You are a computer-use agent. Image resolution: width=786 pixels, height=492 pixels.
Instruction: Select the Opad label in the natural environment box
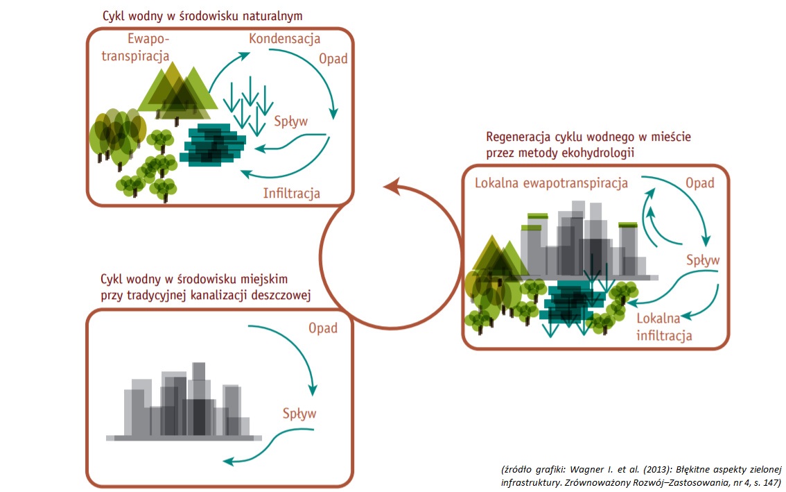pyautogui.click(x=333, y=58)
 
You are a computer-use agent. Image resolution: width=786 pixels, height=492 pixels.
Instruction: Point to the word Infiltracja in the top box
pyautogui.click(x=291, y=193)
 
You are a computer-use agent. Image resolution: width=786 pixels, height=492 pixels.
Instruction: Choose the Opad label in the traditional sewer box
pyautogui.click(x=323, y=328)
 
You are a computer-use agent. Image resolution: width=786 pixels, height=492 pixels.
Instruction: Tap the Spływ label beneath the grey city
pyautogui.click(x=299, y=414)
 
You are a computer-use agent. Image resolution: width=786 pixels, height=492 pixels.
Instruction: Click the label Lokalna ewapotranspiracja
pyautogui.click(x=551, y=183)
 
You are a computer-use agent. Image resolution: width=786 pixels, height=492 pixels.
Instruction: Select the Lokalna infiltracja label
pyautogui.click(x=664, y=328)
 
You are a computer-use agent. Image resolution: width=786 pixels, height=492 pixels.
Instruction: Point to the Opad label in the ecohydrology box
pyautogui.click(x=699, y=183)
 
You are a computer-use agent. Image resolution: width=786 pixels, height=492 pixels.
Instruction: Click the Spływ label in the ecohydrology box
pyautogui.click(x=703, y=261)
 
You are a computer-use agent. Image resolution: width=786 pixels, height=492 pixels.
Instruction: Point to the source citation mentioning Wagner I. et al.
pyautogui.click(x=640, y=475)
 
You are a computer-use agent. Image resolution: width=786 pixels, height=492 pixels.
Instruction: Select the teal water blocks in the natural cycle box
pyautogui.click(x=213, y=144)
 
